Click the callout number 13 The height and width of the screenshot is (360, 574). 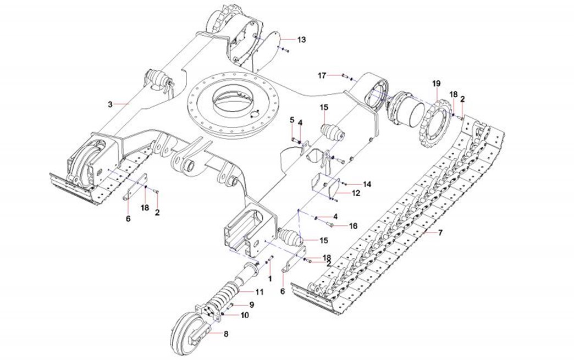pos(301,40)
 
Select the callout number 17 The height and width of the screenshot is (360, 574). pos(322,75)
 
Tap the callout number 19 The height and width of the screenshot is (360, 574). pos(436,84)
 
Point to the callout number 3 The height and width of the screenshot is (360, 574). pos(110,103)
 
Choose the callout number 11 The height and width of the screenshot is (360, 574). pos(259,291)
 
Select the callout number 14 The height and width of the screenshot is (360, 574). pos(367,184)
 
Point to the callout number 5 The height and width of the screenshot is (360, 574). pos(292,120)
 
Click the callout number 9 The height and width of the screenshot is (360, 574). pos(251,304)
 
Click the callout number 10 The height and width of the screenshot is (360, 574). pos(245,315)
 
